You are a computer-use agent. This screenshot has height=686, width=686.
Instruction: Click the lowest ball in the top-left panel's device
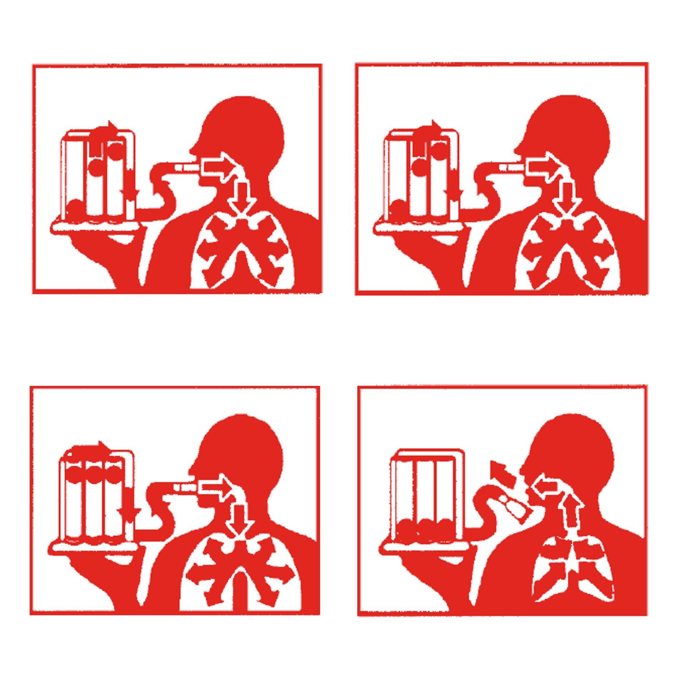(76, 207)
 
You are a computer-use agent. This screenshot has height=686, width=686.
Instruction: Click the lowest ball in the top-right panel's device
(398, 207)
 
